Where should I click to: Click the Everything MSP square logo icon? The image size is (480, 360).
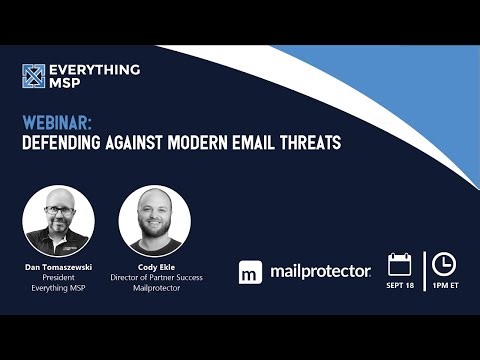point(35,77)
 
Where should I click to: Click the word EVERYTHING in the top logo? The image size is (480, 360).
point(96,70)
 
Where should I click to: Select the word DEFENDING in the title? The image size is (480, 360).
point(66,143)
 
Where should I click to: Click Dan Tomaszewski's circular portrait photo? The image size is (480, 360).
point(59,219)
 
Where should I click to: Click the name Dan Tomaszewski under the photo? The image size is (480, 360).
point(59,267)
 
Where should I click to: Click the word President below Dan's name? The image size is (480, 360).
point(59,278)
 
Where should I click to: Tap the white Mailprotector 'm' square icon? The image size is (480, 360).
point(251,272)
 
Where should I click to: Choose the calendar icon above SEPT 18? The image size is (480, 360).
point(400,264)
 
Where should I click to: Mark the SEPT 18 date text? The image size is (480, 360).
point(400,286)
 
